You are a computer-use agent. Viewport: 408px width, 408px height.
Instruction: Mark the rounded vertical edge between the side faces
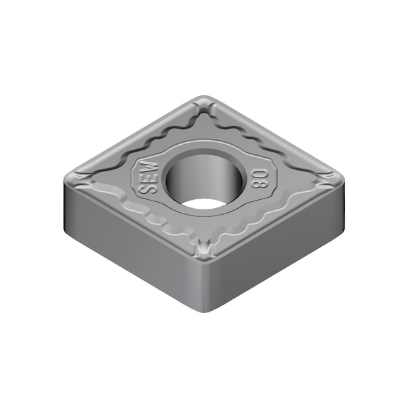click(205, 286)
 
